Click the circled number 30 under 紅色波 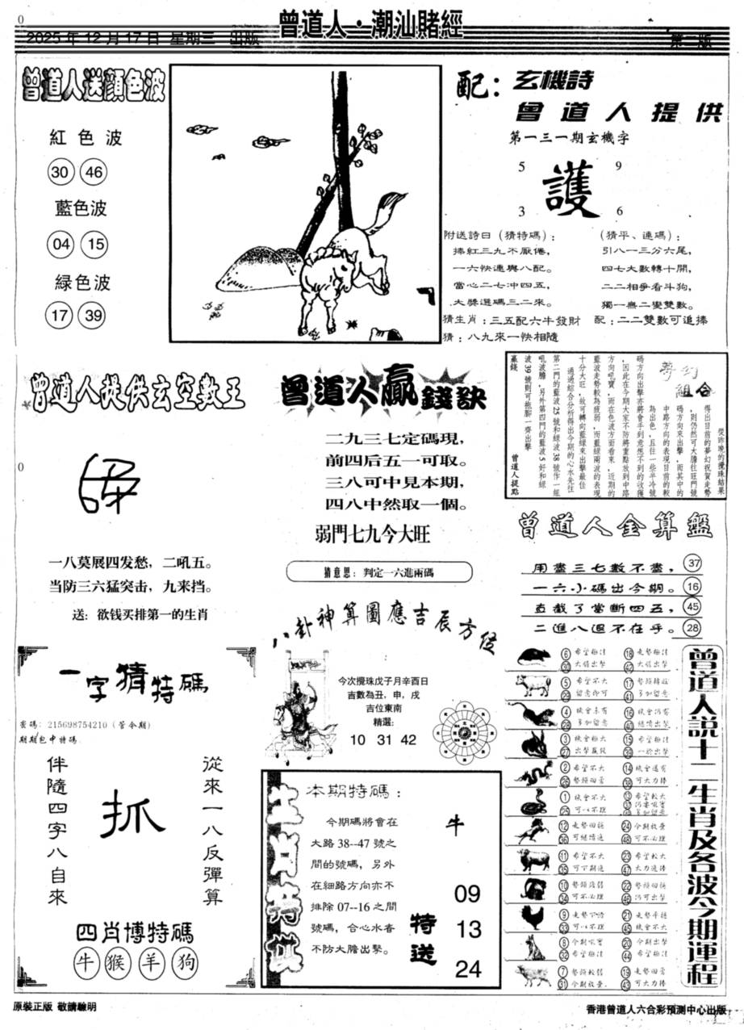[59, 173]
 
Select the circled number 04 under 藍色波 [59, 245]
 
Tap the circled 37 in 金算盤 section [692, 563]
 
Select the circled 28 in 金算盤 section [692, 628]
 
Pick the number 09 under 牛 [467, 894]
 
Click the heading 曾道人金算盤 [616, 527]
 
